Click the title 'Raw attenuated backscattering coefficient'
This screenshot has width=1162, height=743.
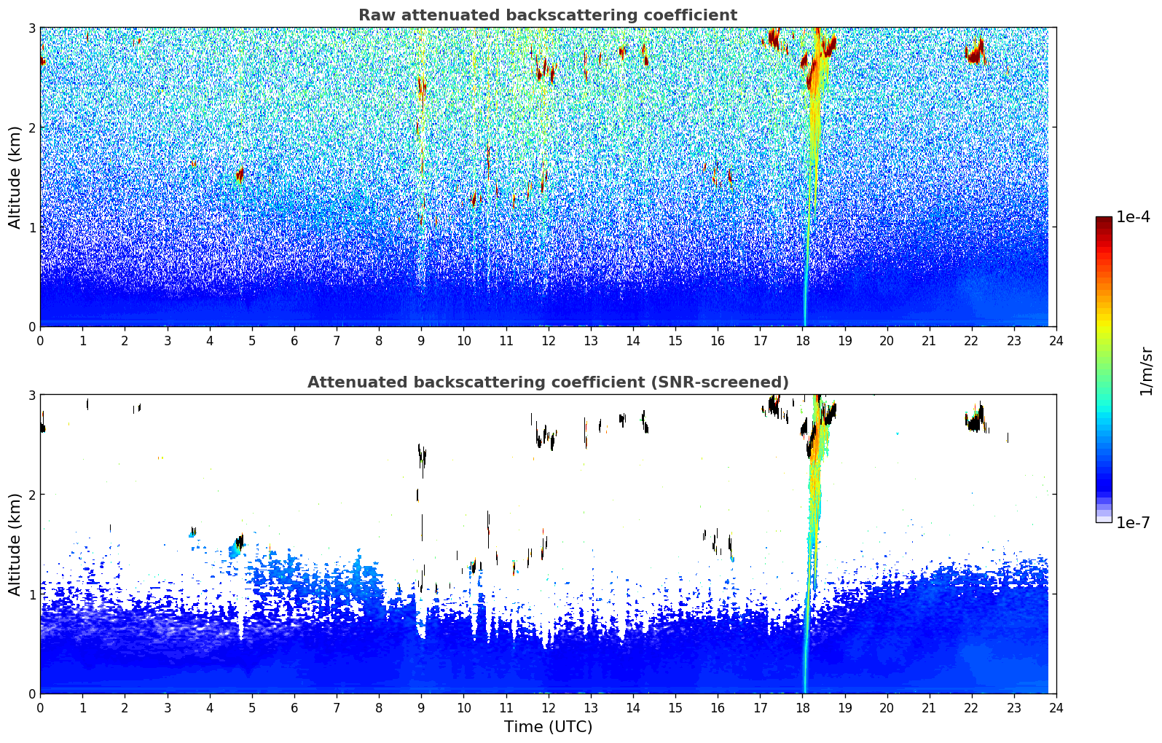coord(547,15)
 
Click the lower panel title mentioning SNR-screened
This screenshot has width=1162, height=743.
coord(547,382)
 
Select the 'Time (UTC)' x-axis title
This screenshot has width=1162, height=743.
coord(548,727)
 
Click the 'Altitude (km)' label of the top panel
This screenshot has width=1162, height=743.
coord(15,177)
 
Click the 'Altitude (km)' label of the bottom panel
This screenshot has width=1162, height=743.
coord(15,544)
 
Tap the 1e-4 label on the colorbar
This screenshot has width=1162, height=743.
coord(1133,217)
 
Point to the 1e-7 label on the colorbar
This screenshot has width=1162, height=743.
coord(1133,522)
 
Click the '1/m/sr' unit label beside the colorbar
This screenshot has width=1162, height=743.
coord(1146,371)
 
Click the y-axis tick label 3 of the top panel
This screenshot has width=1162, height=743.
coord(31,28)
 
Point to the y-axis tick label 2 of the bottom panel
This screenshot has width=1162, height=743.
coord(31,495)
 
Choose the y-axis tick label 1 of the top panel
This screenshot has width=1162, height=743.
coord(31,227)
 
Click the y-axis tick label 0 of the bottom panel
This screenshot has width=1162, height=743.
coord(31,693)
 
